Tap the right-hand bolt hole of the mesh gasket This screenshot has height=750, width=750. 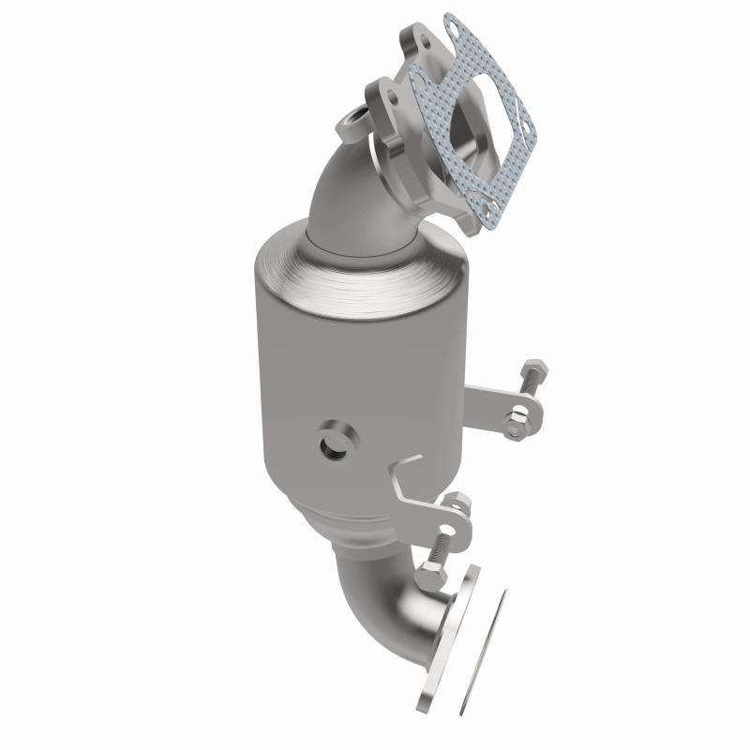click(x=521, y=143)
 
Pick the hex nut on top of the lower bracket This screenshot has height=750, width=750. click(x=458, y=504)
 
